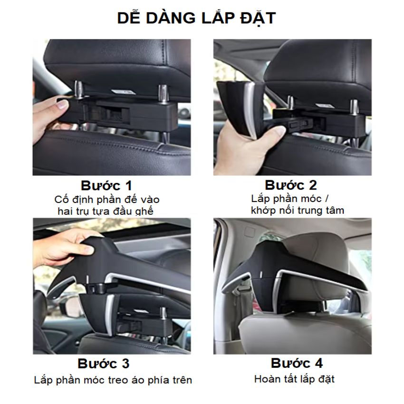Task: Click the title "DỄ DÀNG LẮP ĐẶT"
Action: [x=197, y=18]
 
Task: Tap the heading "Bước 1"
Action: [x=106, y=185]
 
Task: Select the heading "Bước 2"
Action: [x=291, y=185]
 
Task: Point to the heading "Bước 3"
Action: [x=104, y=364]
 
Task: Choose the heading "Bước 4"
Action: [x=297, y=363]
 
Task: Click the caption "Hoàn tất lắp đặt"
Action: [x=294, y=379]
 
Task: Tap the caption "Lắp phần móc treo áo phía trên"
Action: [x=113, y=380]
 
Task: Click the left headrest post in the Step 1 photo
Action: [x=79, y=90]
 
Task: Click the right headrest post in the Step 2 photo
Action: [x=354, y=107]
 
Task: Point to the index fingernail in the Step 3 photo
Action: [x=89, y=249]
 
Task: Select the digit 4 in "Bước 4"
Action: [x=318, y=363]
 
